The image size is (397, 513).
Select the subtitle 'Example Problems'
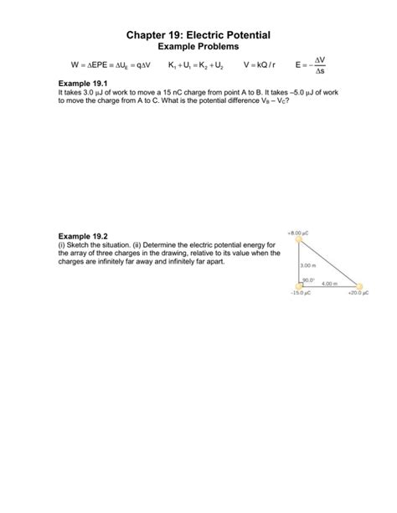[198, 47]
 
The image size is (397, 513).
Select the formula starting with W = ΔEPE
[106, 65]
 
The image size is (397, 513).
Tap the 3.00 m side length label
[307, 265]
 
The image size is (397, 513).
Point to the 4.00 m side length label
[327, 283]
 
